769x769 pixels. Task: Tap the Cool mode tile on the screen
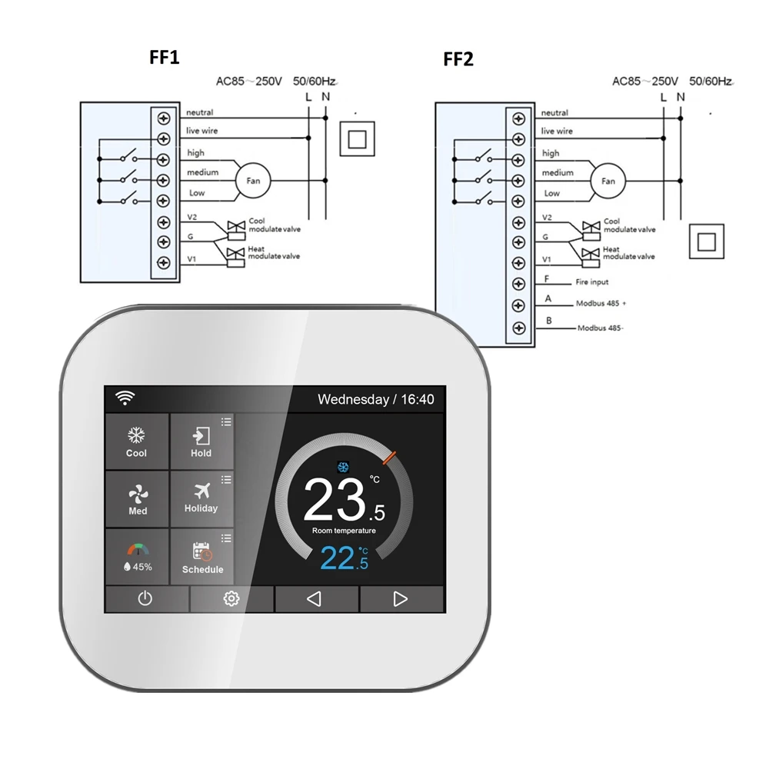[137, 443]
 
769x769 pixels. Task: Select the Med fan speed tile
[138, 500]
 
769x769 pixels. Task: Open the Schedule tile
[202, 558]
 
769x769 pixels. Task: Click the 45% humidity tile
[138, 558]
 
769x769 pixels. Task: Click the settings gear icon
[231, 599]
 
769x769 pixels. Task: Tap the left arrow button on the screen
[315, 599]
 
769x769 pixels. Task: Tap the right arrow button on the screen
[401, 599]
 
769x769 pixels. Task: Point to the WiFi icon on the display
[125, 398]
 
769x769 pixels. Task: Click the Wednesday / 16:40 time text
[375, 400]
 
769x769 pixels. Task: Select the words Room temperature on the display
[344, 531]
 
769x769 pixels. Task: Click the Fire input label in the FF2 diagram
[591, 282]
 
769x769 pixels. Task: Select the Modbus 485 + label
[601, 303]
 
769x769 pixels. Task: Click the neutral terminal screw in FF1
[163, 118]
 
